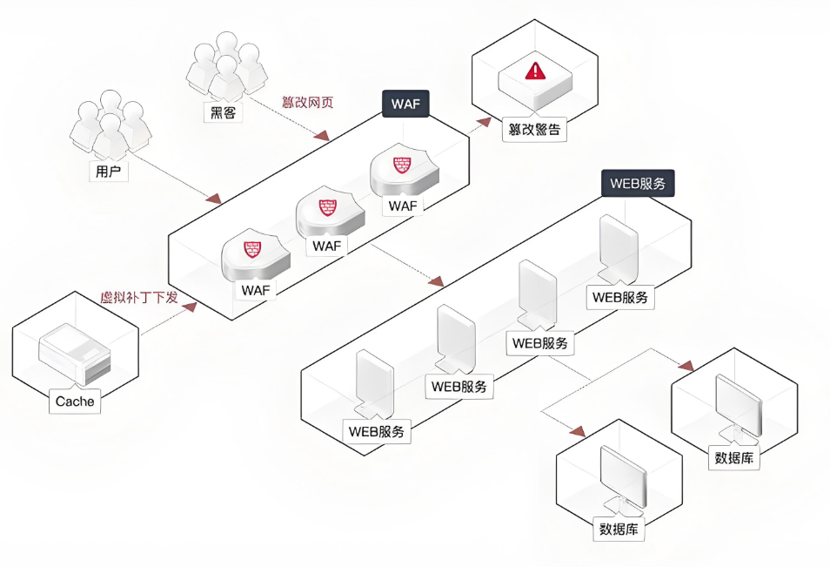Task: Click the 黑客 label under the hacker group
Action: point(224,113)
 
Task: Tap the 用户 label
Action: point(108,172)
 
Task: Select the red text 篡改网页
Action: point(307,102)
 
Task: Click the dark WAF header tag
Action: point(405,105)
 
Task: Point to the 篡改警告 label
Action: point(534,132)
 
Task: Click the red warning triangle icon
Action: point(535,70)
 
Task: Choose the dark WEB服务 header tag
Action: point(637,183)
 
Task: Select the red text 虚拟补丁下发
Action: point(140,298)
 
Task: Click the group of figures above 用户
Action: point(109,126)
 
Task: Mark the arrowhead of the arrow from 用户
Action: point(214,199)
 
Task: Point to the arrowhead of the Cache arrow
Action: point(190,305)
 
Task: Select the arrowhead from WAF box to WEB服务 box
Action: point(436,281)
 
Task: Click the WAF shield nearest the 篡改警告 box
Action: point(400,169)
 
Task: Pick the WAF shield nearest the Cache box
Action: point(253,253)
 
